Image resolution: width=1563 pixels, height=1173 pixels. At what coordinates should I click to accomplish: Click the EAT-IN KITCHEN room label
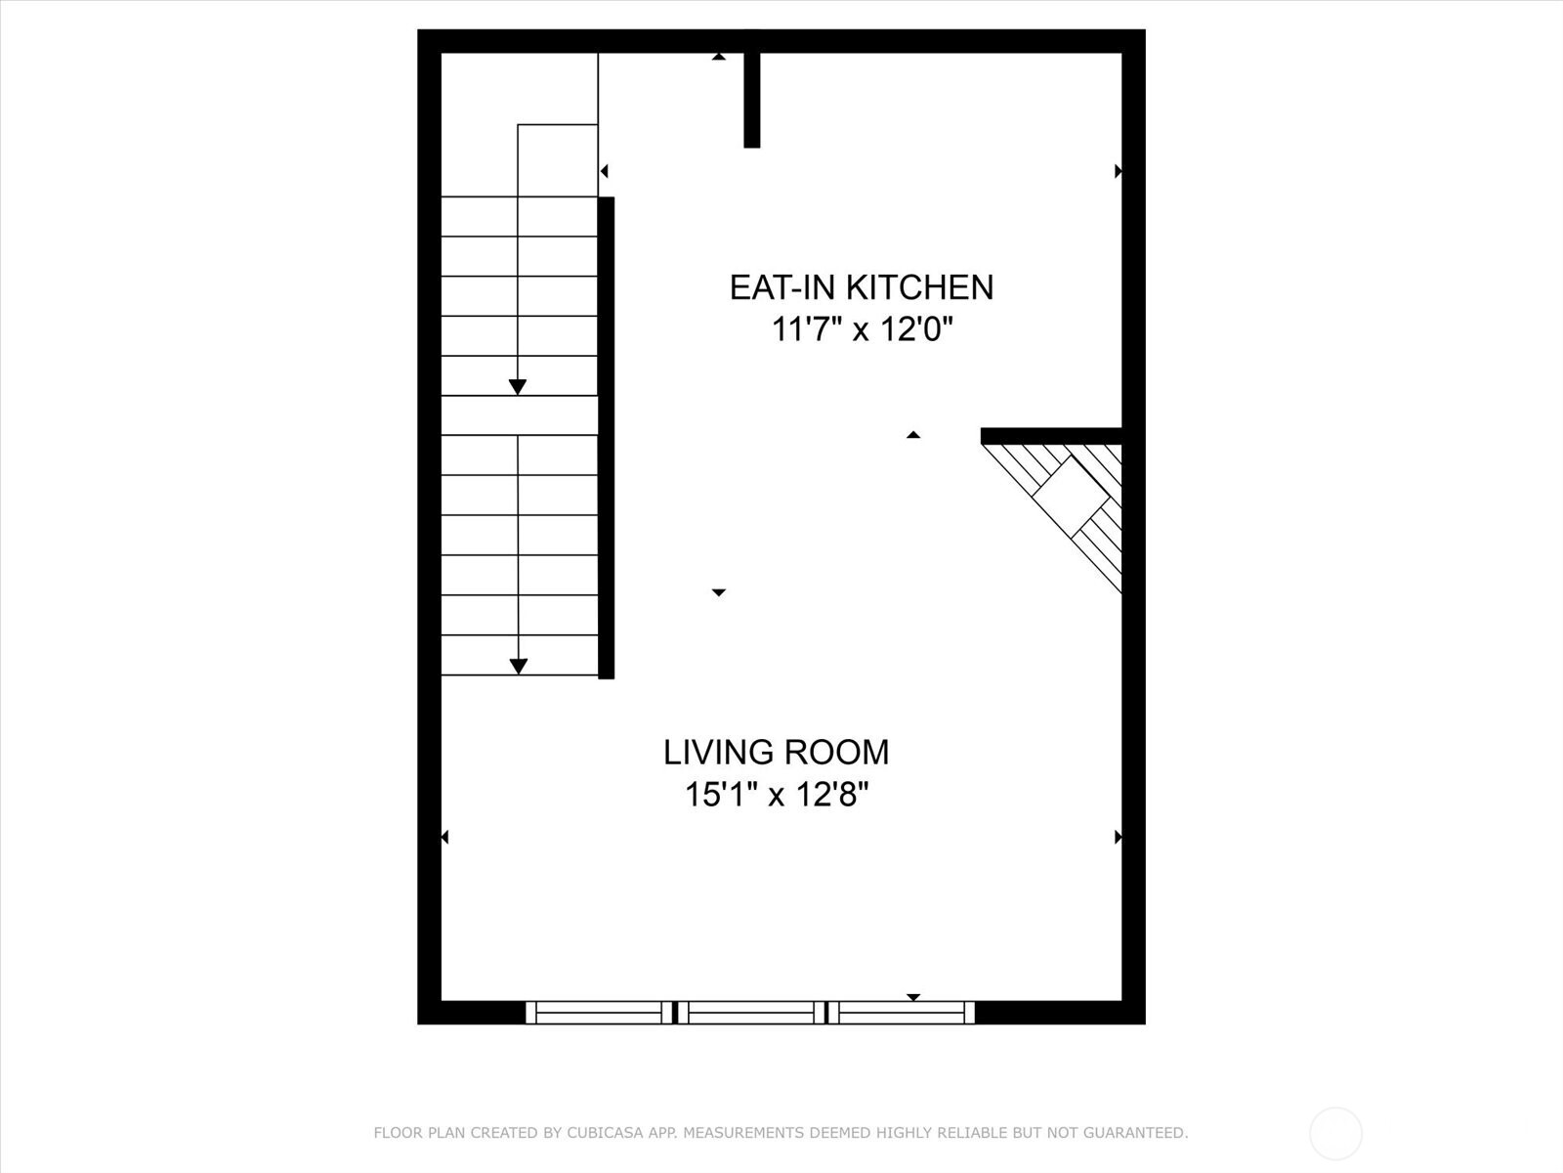[x=861, y=286]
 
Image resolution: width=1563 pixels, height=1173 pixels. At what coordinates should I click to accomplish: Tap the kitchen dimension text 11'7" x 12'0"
[x=861, y=329]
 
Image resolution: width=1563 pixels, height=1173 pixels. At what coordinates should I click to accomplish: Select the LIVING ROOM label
[x=776, y=752]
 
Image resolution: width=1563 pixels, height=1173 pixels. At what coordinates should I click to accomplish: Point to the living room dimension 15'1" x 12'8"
[x=776, y=794]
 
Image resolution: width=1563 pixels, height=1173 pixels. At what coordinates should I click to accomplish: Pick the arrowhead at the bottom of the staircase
[x=519, y=667]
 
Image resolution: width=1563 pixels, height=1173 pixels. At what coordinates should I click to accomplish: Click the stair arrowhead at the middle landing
[x=518, y=387]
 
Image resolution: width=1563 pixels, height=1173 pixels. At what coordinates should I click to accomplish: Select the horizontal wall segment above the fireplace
[x=1050, y=436]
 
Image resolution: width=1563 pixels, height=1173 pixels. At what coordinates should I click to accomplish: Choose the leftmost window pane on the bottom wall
[x=599, y=1013]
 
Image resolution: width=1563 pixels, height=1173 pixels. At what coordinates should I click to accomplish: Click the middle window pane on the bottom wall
[x=750, y=1013]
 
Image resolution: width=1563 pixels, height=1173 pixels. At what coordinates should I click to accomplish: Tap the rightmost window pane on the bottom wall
[x=901, y=1013]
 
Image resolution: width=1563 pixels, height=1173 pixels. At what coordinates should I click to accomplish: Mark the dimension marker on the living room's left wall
[x=444, y=837]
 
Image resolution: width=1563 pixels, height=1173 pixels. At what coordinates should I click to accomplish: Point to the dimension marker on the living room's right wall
[x=1118, y=837]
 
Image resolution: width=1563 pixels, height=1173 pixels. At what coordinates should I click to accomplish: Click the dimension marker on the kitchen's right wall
[x=1118, y=171]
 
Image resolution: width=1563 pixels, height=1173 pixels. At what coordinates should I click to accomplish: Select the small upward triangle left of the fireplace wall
[x=913, y=434]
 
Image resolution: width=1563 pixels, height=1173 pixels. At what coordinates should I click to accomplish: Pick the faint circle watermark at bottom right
[x=1335, y=1134]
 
